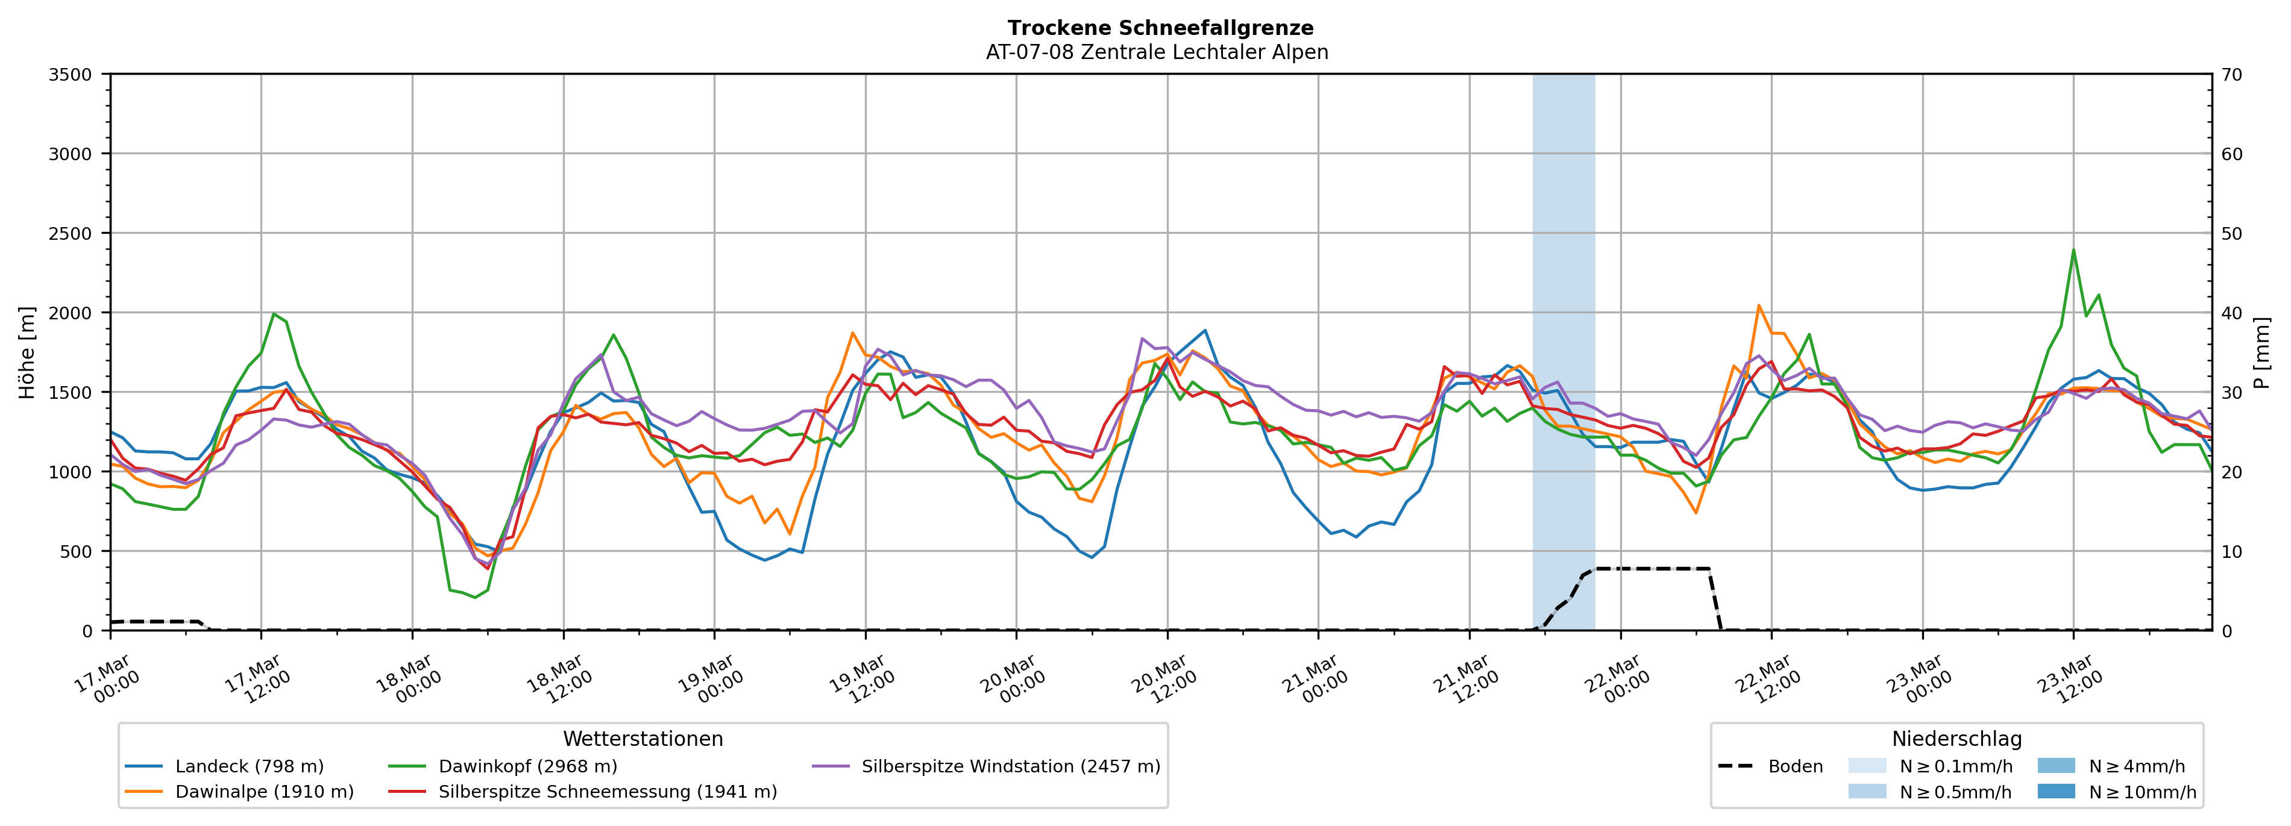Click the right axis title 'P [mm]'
(x=2261, y=353)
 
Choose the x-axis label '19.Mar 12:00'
(x=861, y=680)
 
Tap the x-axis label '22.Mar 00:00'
(x=1616, y=680)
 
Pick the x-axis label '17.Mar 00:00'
(x=106, y=680)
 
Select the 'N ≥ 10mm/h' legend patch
(x=2055, y=791)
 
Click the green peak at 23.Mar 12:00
(x=2073, y=251)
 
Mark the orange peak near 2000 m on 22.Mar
(x=1758, y=306)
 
